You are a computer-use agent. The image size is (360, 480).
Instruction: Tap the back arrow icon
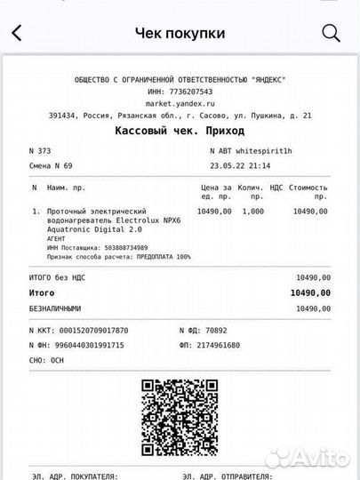[16, 34]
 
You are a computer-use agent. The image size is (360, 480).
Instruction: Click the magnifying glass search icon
[331, 34]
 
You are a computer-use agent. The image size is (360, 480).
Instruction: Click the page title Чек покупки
[180, 34]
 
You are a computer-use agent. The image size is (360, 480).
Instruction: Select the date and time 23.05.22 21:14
[240, 165]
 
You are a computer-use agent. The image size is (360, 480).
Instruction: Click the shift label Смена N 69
[52, 165]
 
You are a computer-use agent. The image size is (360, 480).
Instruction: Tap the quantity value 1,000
[253, 212]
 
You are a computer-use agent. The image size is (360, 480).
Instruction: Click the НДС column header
[276, 188]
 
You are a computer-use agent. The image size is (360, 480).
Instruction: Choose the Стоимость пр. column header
[309, 192]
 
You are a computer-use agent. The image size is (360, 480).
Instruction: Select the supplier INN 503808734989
[119, 248]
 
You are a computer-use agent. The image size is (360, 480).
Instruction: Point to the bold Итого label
[42, 292]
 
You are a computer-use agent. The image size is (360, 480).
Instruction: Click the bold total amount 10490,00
[310, 292]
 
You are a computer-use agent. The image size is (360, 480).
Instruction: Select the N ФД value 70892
[236, 330]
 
